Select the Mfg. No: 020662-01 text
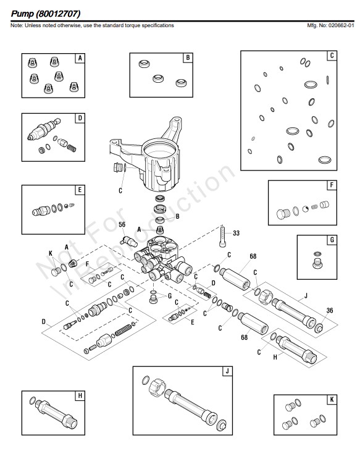330,25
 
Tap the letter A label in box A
80,58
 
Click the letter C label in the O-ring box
332,56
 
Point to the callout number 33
237,233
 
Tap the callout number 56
122,224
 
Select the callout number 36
330,310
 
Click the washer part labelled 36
319,328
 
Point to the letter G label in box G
332,240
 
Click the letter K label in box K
332,400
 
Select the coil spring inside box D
72,148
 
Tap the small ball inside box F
306,209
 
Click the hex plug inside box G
317,263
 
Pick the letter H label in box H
80,396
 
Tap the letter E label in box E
80,190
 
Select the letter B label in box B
188,57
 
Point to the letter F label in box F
332,185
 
